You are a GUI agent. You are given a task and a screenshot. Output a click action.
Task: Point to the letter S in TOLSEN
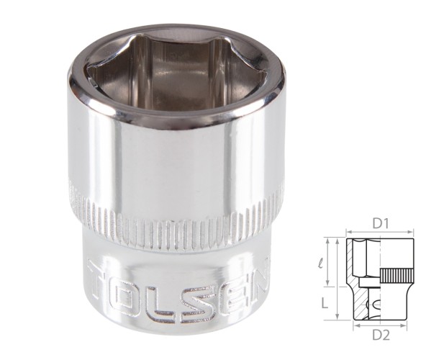pyautogui.click(x=201, y=292)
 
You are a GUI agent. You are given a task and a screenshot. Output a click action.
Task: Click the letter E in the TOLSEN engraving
pyautogui.click(x=232, y=287)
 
